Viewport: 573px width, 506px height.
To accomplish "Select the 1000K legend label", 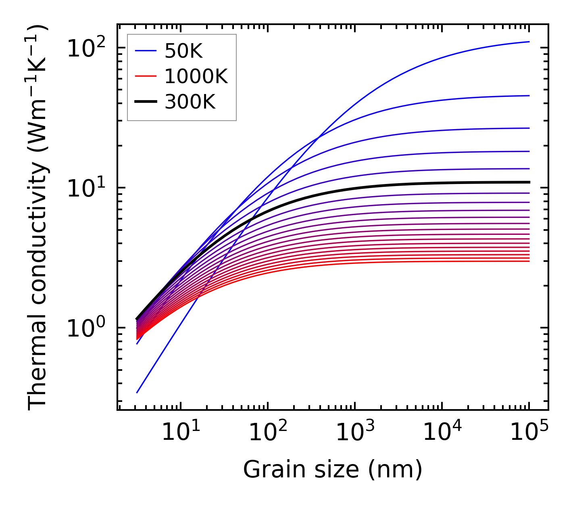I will [x=196, y=76].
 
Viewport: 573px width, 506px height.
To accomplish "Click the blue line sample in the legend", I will [x=145, y=51].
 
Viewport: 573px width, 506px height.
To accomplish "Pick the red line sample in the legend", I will [x=145, y=76].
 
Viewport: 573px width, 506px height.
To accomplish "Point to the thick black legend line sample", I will [x=145, y=102].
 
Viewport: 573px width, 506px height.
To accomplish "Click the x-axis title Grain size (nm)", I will [x=333, y=470].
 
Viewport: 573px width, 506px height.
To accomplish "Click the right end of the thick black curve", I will [x=529, y=182].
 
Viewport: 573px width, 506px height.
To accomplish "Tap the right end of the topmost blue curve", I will [x=529, y=42].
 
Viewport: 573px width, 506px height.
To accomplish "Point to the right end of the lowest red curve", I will [x=529, y=261].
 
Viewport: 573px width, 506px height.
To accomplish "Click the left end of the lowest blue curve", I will [x=138, y=392].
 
